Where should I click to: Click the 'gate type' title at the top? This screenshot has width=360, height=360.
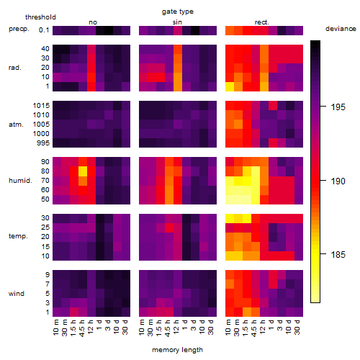pyautogui.click(x=178, y=12)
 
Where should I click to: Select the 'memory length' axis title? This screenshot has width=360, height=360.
pyautogui.click(x=177, y=350)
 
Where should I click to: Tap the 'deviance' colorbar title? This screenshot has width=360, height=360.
pyautogui.click(x=341, y=29)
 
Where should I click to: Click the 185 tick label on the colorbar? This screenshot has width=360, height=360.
pyautogui.click(x=338, y=254)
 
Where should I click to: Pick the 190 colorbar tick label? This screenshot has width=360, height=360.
pyautogui.click(x=338, y=181)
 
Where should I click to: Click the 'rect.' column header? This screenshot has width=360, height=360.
pyautogui.click(x=262, y=22)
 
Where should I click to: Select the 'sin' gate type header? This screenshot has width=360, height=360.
pyautogui.click(x=177, y=22)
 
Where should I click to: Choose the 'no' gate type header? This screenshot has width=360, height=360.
pyautogui.click(x=93, y=22)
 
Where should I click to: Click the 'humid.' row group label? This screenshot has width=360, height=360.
pyautogui.click(x=20, y=181)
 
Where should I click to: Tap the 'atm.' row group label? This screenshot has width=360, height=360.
pyautogui.click(x=16, y=125)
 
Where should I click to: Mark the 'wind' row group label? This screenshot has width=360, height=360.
pyautogui.click(x=17, y=294)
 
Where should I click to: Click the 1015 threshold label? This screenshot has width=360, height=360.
pyautogui.click(x=41, y=106)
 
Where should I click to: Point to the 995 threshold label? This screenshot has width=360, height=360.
pyautogui.click(x=43, y=143)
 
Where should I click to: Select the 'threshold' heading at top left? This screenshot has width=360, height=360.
pyautogui.click(x=40, y=17)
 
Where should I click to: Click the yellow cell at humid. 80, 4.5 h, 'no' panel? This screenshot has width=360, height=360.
pyautogui.click(x=83, y=171)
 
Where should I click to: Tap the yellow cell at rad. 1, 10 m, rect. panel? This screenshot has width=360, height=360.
pyautogui.click(x=230, y=86)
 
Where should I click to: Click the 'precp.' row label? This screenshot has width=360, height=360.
pyautogui.click(x=19, y=29)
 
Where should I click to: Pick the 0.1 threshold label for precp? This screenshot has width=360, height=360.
pyautogui.click(x=44, y=30)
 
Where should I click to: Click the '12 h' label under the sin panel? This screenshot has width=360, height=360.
pyautogui.click(x=177, y=327)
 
